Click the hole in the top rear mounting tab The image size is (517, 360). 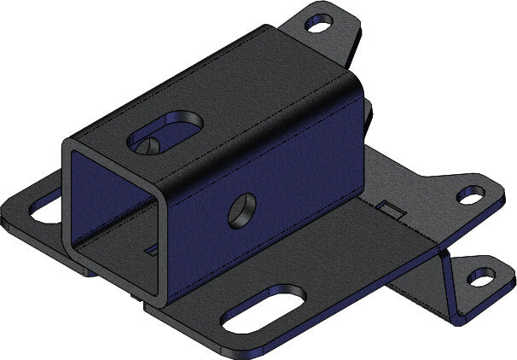click(320, 25)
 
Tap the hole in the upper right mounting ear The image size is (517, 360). click(470, 195)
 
